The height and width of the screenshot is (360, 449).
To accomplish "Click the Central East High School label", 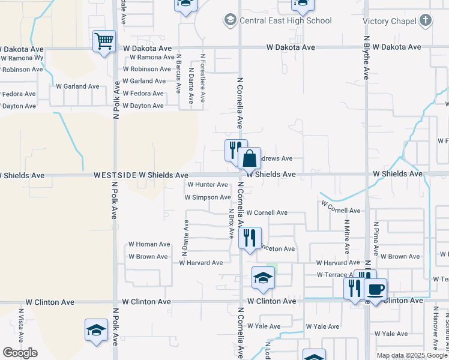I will (285, 21).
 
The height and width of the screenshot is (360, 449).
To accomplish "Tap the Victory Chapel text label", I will (390, 22).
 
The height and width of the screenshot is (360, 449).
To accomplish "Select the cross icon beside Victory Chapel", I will (425, 21).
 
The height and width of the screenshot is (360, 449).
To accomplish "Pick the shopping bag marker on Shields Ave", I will (250, 160).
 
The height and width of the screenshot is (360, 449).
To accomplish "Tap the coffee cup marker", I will (376, 290).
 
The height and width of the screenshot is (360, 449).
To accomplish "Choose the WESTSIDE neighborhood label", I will (114, 175).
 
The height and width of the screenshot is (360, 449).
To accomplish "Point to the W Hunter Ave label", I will (208, 185).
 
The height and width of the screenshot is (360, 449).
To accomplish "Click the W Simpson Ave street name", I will (208, 197).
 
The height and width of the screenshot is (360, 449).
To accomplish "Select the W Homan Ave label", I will (149, 244).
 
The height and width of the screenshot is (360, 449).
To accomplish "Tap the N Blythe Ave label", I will (367, 57).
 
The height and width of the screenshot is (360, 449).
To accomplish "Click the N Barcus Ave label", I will (179, 73).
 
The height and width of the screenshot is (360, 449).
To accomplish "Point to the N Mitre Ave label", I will (347, 236).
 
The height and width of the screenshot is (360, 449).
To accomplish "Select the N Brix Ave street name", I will (231, 224).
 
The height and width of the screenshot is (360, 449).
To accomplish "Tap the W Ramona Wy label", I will (22, 58).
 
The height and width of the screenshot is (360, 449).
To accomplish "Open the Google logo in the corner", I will (20, 353).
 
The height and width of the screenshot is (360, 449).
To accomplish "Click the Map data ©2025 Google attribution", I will (411, 356).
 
